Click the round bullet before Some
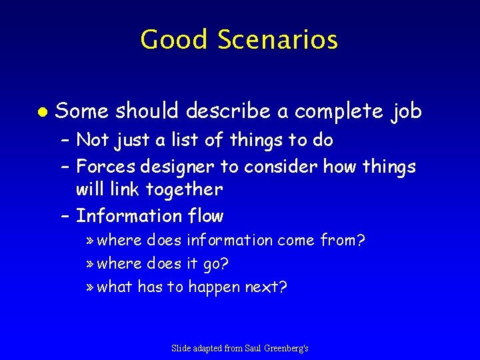point(41,112)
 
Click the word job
point(407,112)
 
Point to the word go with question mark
point(218,264)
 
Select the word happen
point(215,288)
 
